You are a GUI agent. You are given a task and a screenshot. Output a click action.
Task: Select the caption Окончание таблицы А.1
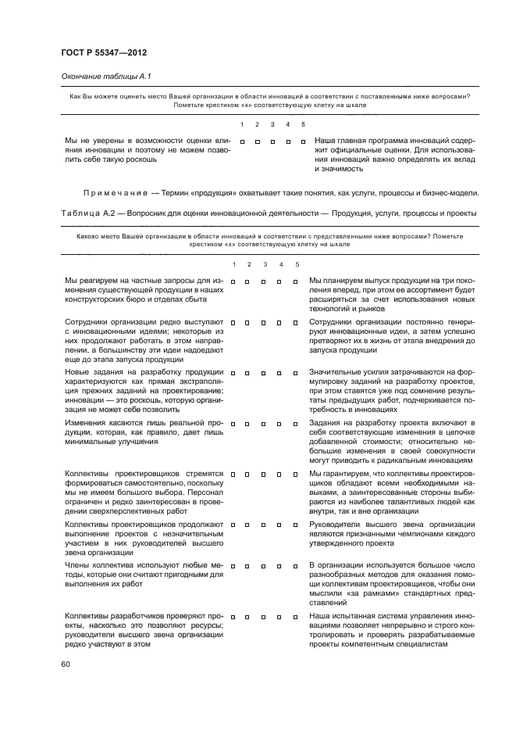(x=100, y=76)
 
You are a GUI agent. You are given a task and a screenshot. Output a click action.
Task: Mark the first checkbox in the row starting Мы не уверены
(x=243, y=142)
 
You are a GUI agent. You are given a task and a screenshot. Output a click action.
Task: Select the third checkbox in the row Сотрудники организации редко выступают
(x=265, y=321)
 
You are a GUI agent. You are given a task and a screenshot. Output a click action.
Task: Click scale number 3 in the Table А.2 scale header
(x=265, y=263)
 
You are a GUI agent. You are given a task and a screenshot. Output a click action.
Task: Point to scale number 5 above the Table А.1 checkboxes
(x=303, y=124)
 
